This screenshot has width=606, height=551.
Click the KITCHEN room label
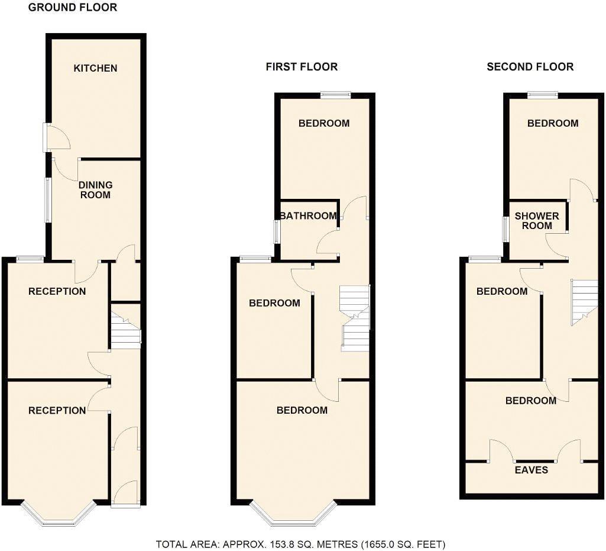tap(95, 68)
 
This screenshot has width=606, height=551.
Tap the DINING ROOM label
tap(95, 189)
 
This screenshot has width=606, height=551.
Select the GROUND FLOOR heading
tap(73, 8)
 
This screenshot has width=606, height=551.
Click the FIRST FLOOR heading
tap(302, 67)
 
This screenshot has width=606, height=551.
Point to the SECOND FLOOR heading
tap(530, 67)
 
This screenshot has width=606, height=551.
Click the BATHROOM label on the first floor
tap(308, 216)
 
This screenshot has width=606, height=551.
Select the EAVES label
tap(530, 470)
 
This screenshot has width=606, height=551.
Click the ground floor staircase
tap(125, 332)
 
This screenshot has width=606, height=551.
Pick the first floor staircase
tap(355, 318)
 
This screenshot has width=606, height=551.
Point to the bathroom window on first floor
tap(277, 231)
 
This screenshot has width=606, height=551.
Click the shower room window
tap(506, 230)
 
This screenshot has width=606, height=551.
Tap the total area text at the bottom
tap(300, 544)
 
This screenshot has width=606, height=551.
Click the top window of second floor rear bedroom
tap(542, 94)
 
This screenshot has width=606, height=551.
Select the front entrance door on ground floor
tap(125, 504)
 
